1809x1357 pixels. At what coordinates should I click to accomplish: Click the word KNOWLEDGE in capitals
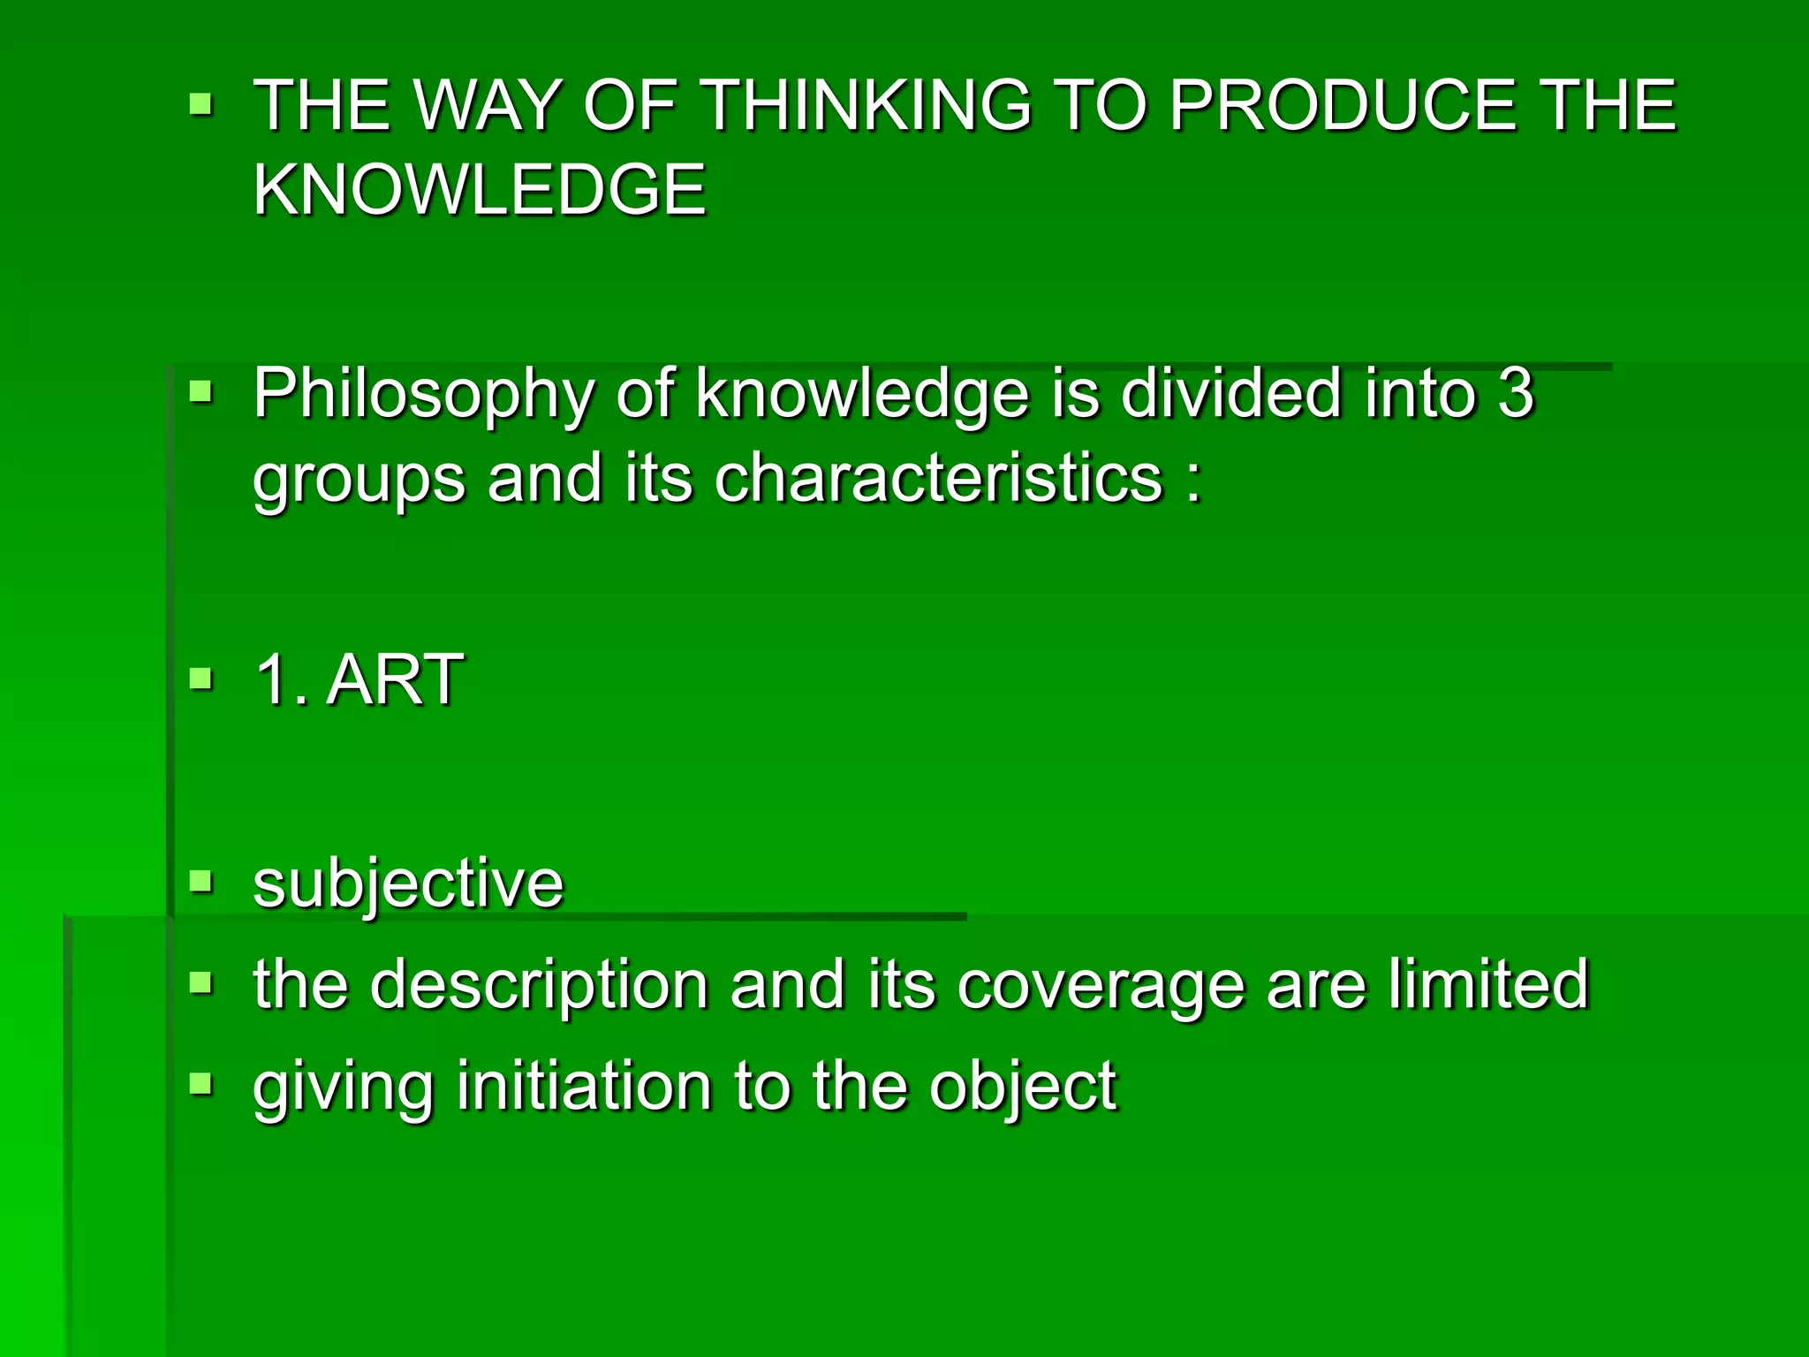[480, 189]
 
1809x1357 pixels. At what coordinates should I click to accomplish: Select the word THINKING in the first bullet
[867, 105]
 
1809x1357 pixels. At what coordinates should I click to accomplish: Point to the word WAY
[488, 105]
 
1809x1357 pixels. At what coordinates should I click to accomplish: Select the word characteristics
[937, 478]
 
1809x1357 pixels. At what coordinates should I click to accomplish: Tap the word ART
[395, 679]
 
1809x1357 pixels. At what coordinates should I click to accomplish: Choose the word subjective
[408, 883]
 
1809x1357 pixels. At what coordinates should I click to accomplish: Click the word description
[539, 984]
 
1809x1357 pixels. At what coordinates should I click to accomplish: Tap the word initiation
[584, 1086]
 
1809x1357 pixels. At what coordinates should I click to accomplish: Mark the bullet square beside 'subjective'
[201, 881]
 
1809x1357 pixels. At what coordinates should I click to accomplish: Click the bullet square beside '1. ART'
[201, 678]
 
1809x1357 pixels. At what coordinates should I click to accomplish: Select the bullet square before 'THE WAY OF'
[201, 106]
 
